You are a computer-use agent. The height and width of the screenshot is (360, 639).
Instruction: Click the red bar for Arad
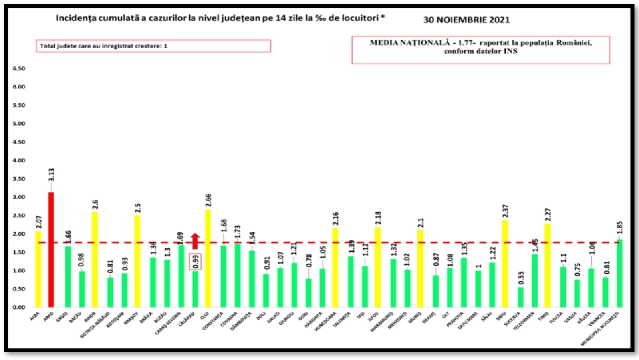[51, 250]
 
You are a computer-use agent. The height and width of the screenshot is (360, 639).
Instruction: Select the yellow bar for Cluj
[208, 258]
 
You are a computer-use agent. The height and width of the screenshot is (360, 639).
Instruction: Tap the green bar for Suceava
[520, 297]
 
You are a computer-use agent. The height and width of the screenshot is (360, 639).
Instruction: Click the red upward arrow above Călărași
[195, 241]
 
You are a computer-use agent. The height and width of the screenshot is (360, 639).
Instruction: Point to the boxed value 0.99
[196, 262]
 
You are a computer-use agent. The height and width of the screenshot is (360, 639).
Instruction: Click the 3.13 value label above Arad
[51, 175]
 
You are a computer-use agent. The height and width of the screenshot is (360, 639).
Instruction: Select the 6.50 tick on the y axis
[18, 69]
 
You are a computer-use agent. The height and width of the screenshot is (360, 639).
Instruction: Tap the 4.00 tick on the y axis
[18, 160]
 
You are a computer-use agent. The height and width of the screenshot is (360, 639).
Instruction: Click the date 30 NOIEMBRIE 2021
[466, 20]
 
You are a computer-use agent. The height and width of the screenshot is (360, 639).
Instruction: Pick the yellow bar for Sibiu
[506, 264]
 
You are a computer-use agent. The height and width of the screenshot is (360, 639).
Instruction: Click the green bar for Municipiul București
[619, 273]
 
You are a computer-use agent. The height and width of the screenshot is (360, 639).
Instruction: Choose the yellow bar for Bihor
[95, 260]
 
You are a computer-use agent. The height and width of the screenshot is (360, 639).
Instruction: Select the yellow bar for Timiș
[548, 266]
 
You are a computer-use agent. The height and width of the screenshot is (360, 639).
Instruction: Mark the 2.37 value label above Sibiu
[506, 211]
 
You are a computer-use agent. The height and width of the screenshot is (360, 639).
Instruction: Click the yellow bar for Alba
[38, 269]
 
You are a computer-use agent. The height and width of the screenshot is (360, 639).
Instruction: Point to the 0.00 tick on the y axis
[18, 307]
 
